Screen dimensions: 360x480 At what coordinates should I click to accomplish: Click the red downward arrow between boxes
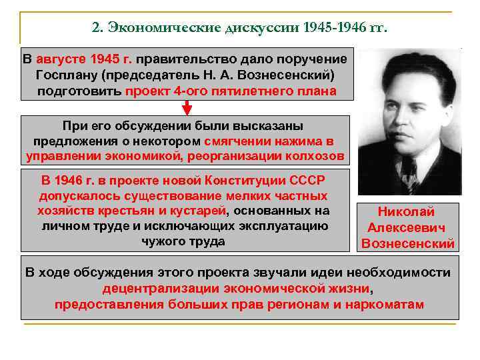pyautogui.click(x=187, y=107)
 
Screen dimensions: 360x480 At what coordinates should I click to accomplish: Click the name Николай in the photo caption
pyautogui.click(x=406, y=212)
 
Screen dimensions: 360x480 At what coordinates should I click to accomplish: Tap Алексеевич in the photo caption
pyautogui.click(x=406, y=228)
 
